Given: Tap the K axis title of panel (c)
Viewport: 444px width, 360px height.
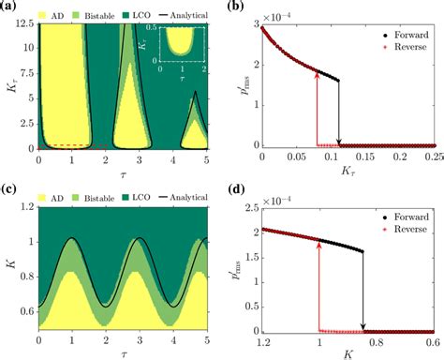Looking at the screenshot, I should (11, 265).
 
